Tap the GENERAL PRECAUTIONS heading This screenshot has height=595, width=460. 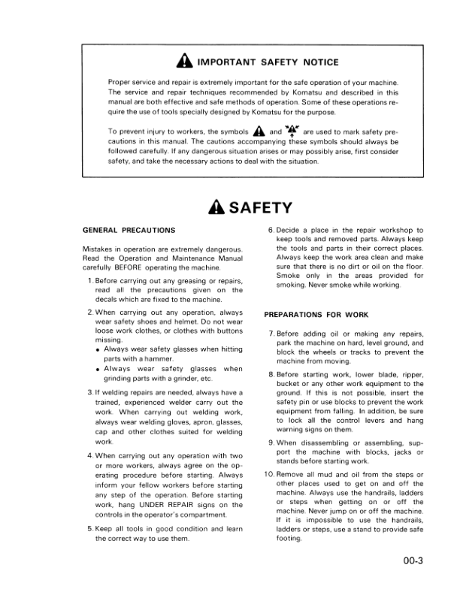[129, 230]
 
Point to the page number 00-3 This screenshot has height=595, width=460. [411, 568]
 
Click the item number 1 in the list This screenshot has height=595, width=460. [90, 282]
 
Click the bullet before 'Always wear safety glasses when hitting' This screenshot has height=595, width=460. [98, 349]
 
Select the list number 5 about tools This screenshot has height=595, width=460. [90, 529]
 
